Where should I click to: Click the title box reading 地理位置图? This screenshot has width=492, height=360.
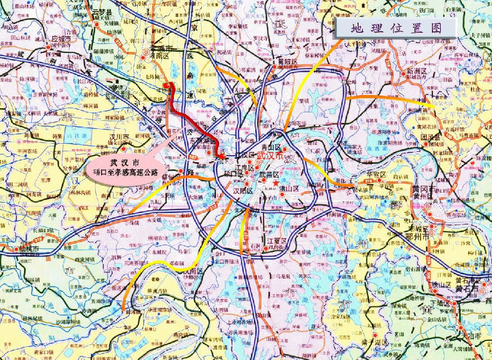coord(396,28)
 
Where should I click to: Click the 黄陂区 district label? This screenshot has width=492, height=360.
coord(287,62)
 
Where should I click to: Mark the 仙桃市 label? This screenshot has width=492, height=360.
coord(30,249)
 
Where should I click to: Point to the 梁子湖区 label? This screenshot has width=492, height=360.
coord(373,342)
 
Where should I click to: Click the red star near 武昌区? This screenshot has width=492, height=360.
coord(276,183)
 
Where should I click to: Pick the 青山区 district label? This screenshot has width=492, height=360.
coord(271,147)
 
